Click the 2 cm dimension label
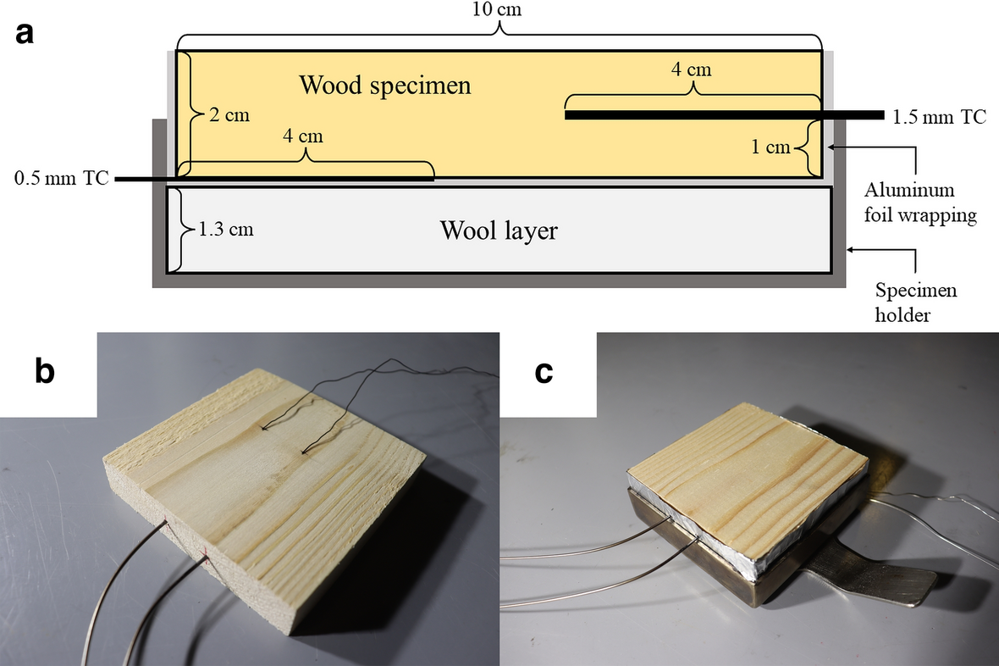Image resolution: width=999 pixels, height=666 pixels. [231, 114]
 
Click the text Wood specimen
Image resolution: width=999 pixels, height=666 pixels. [385, 85]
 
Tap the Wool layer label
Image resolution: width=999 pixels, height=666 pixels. [498, 230]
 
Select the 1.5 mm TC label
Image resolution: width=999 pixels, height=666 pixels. [939, 117]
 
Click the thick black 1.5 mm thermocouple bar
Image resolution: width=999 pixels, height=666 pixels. [720, 115]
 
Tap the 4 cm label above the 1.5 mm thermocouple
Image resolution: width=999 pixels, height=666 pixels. [692, 69]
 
